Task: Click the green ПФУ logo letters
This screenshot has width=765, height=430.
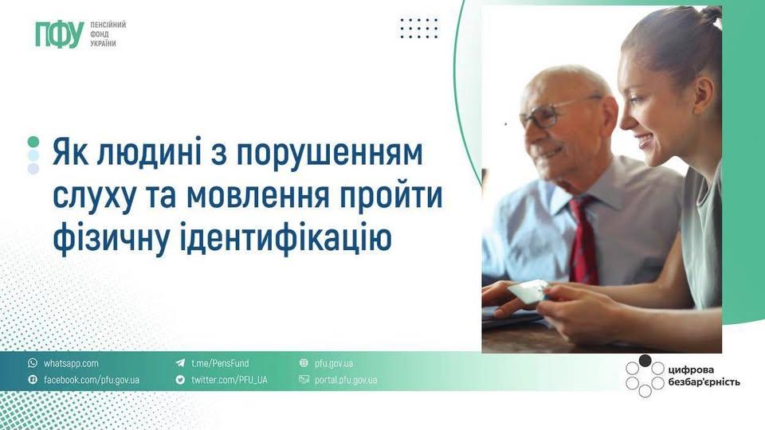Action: [x=60, y=35]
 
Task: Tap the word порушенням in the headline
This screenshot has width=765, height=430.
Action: [x=330, y=153]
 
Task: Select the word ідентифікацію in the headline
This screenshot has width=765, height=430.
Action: [x=286, y=237]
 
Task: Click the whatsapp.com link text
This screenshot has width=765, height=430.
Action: [x=71, y=363]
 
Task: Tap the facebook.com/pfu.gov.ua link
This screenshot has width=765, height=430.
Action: [x=91, y=380]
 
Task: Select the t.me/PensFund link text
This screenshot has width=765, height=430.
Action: [x=220, y=363]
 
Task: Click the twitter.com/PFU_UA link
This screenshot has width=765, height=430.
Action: [x=229, y=380]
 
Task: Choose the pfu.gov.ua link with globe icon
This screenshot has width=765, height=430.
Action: [x=334, y=363]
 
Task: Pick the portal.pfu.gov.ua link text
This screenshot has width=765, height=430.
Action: [x=345, y=380]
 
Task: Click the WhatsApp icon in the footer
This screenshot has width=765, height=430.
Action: [x=33, y=363]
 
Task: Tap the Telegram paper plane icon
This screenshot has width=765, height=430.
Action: [x=180, y=363]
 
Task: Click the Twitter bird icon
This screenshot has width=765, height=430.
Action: [x=180, y=379]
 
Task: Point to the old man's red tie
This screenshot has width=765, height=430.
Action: [x=584, y=239]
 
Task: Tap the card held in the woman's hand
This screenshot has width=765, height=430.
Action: [x=528, y=291]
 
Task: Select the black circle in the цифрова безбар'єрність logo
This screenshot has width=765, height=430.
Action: [x=645, y=361]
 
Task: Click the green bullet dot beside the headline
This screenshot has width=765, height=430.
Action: [x=33, y=142]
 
